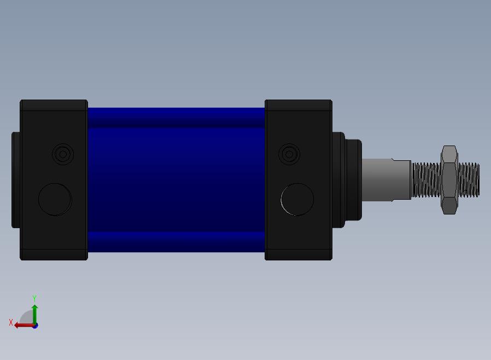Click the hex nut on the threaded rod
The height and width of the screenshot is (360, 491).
[449, 180]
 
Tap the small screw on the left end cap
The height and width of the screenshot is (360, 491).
[63, 154]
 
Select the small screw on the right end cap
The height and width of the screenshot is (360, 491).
[289, 154]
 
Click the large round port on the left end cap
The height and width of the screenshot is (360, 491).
[55, 200]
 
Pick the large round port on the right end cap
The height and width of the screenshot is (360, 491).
[297, 200]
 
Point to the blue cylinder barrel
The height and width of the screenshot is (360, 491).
[176, 180]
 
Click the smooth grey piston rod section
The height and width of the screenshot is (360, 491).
[387, 180]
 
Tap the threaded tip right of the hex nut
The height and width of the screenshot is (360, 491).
[469, 180]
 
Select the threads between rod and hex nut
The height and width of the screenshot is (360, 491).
[426, 180]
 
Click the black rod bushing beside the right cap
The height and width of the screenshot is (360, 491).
[347, 180]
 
